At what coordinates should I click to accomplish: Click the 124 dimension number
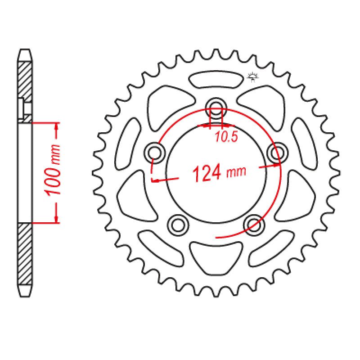(x=207, y=173)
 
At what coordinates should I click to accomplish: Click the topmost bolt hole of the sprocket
(x=216, y=107)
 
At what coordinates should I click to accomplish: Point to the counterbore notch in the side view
(x=26, y=108)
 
